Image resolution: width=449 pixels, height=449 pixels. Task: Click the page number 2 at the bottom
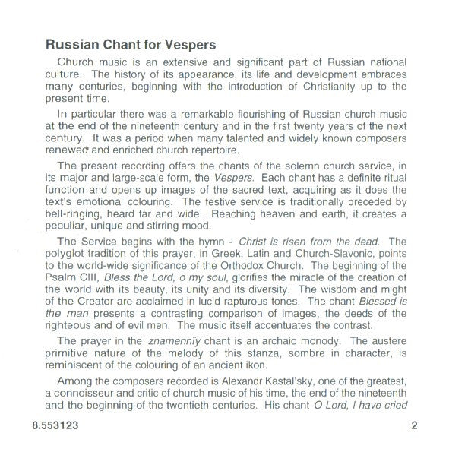tap(414, 426)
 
